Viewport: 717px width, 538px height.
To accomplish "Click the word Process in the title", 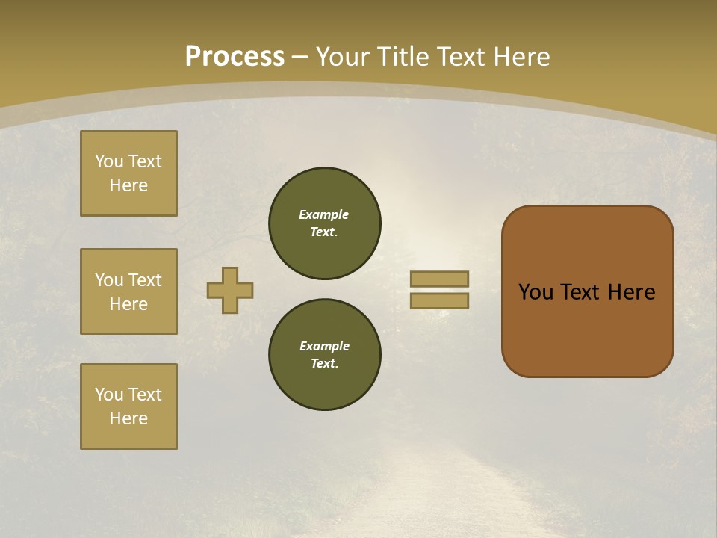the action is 235,56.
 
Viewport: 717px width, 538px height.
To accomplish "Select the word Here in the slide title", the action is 521,57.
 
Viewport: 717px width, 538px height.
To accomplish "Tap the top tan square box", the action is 128,173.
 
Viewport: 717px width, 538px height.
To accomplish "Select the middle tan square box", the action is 128,291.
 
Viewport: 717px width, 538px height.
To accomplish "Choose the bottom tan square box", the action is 128,406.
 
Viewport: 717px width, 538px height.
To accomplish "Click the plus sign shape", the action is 230,290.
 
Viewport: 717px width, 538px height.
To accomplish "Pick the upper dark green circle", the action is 324,223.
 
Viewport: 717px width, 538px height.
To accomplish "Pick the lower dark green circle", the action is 324,355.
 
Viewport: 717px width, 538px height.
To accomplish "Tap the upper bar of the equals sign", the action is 439,279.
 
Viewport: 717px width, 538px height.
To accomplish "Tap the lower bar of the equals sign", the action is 439,300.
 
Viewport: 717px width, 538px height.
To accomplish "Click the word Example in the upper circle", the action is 323,214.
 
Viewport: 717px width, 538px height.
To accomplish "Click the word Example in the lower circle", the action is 324,346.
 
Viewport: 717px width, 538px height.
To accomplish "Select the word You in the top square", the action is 108,161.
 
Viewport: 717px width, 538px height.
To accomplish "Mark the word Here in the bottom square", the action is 128,418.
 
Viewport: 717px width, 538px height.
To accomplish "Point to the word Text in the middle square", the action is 145,280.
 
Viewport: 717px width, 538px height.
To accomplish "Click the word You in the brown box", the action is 536,292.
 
